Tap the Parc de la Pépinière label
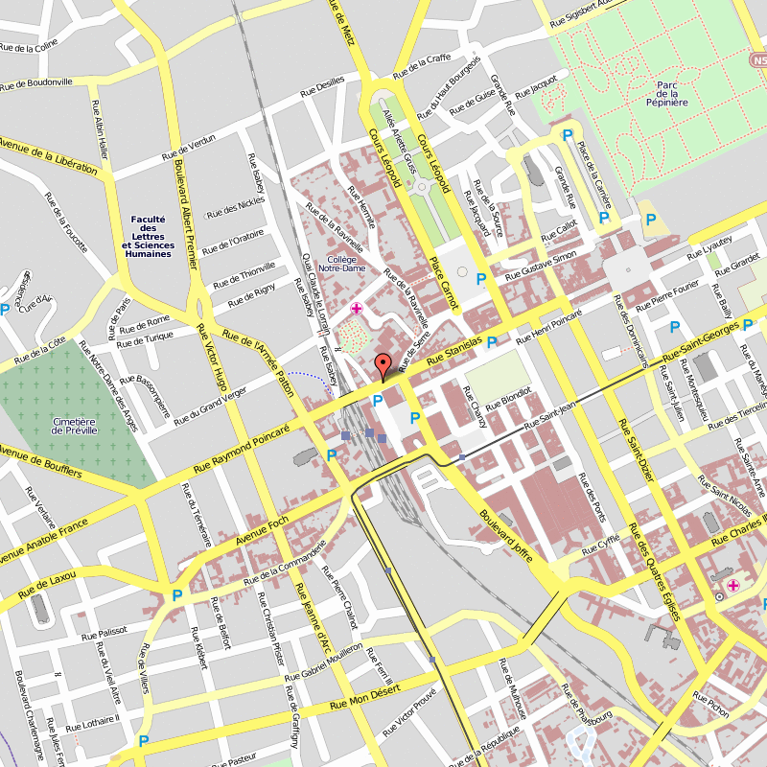coord(668,93)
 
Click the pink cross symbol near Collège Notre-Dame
coord(357,308)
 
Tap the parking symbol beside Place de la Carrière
coord(604,218)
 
